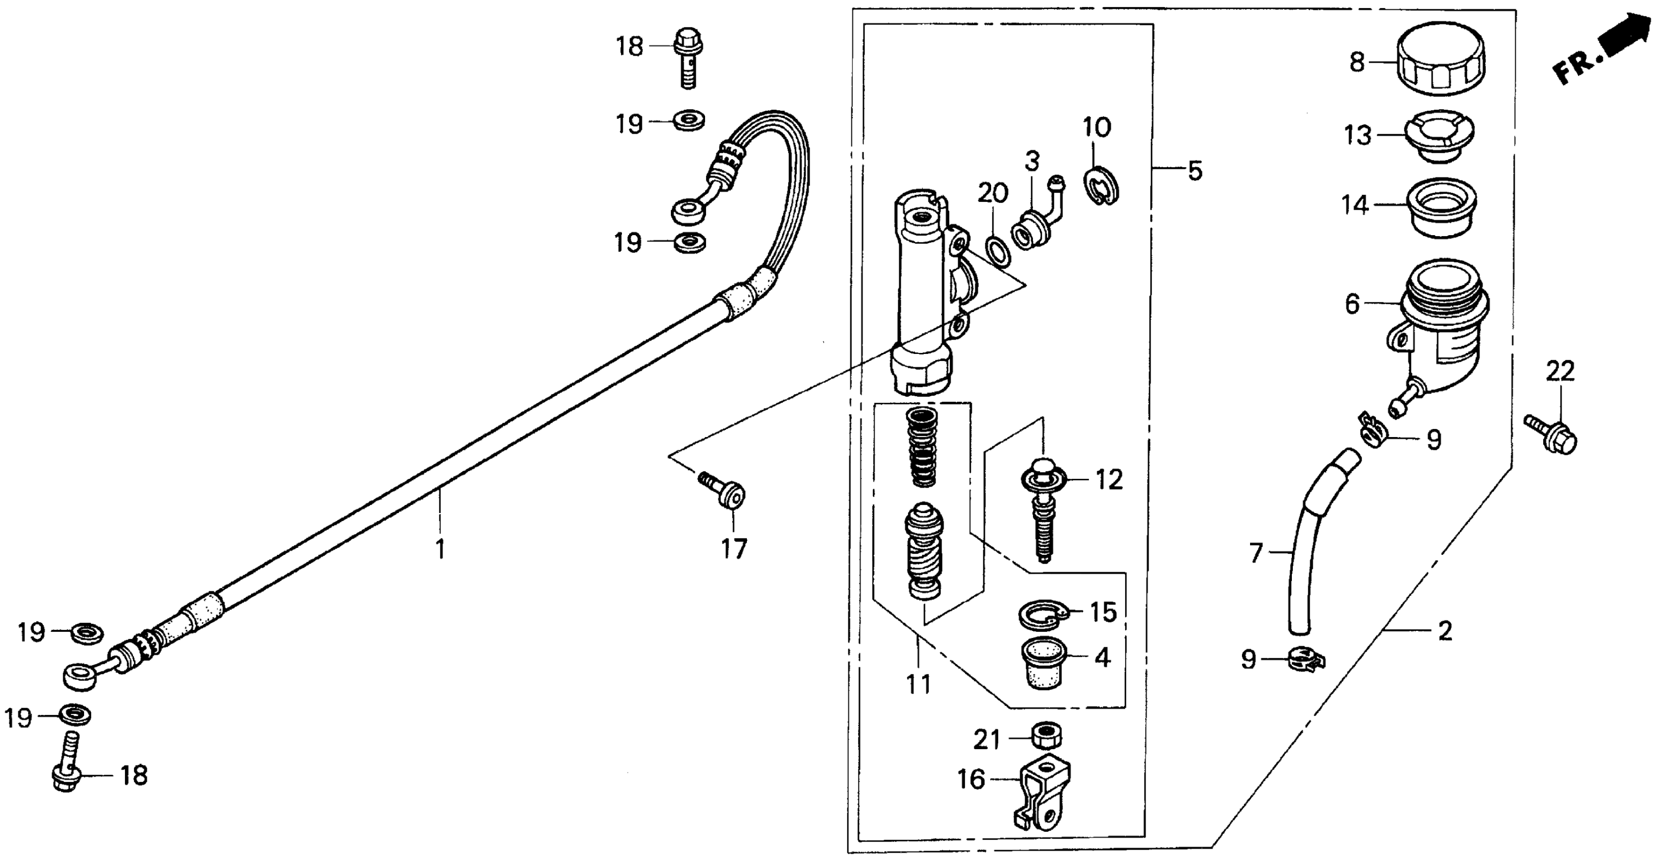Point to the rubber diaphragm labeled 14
tap(1441, 208)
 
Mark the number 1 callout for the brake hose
tap(440, 549)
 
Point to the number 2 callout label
tap(1445, 631)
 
